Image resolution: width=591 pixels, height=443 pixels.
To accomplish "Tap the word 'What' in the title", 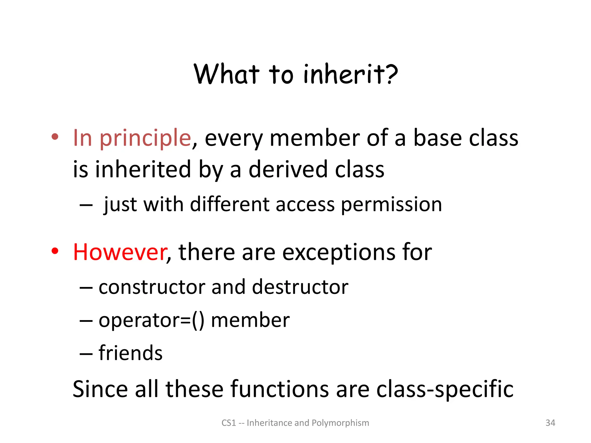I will point(226,74).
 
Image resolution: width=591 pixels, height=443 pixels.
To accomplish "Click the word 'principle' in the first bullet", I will point(145,138).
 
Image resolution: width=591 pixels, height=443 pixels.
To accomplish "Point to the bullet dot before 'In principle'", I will point(55,137).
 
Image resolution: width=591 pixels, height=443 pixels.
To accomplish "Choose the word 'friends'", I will point(130,353).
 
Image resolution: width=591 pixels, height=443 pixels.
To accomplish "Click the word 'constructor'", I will point(152,287).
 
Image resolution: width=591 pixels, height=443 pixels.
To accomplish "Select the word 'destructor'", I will point(300,287).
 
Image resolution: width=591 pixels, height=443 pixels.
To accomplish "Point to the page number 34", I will point(550,423).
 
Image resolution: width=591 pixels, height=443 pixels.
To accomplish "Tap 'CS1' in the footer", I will point(229,423).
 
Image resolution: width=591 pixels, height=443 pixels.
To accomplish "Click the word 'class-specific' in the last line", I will point(445,389).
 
